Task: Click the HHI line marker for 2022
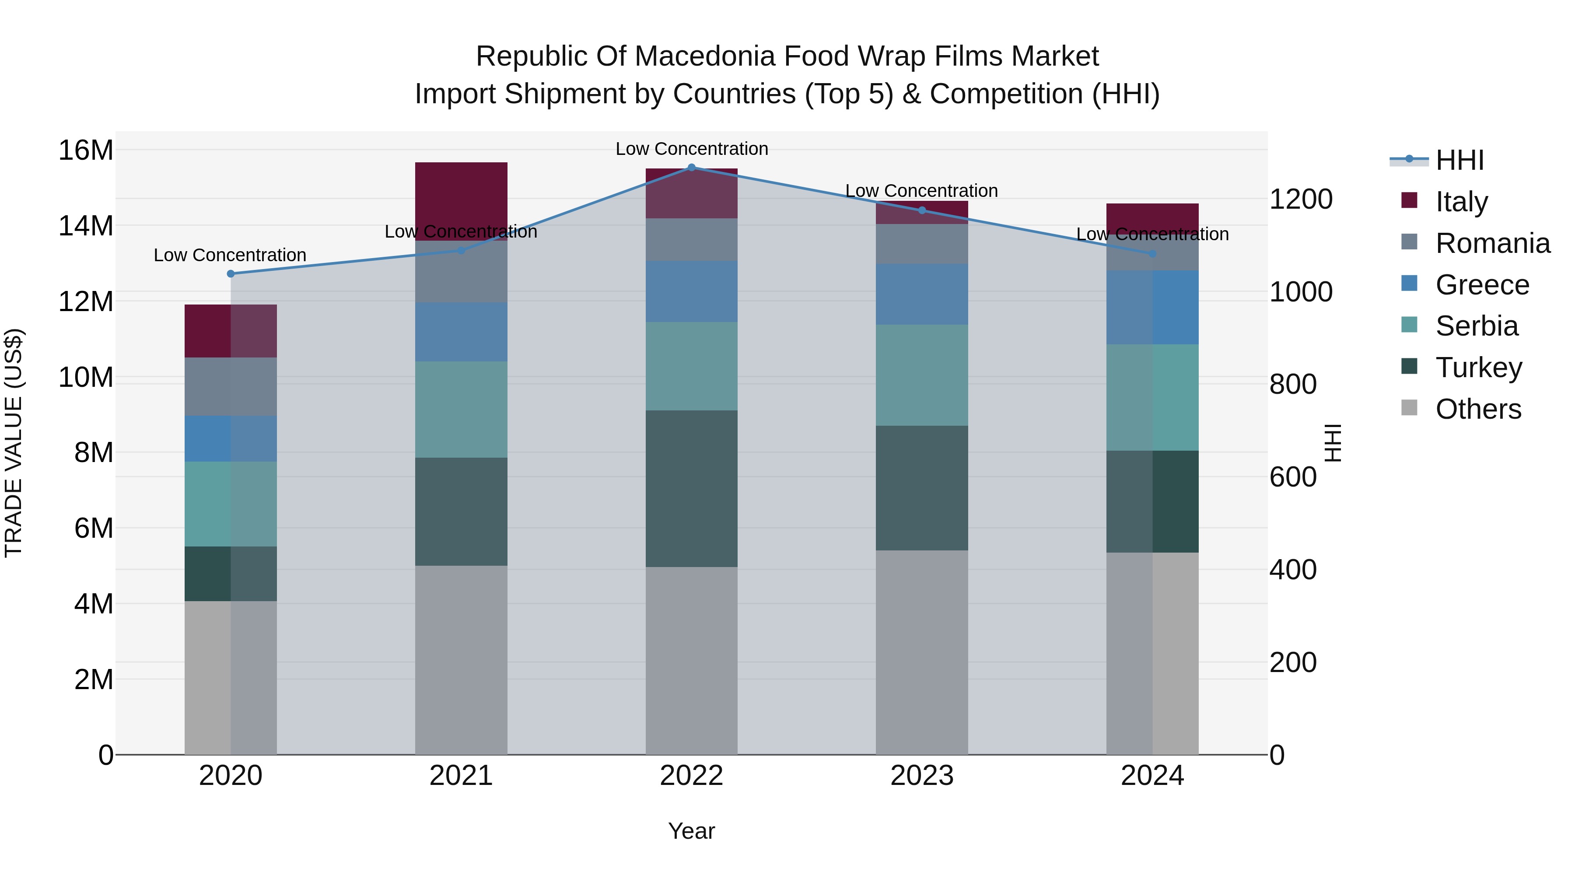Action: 692,168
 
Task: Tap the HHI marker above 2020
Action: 231,274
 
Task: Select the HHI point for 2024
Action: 1152,254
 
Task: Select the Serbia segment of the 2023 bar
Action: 922,375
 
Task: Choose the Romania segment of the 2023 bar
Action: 922,244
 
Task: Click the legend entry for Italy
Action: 1461,202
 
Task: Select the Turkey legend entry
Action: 1478,368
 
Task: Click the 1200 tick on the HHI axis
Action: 1301,200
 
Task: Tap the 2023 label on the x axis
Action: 922,776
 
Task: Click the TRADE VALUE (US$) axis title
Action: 14,443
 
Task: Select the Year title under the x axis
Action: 692,831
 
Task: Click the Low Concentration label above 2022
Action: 692,149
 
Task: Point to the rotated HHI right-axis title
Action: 1332,443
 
